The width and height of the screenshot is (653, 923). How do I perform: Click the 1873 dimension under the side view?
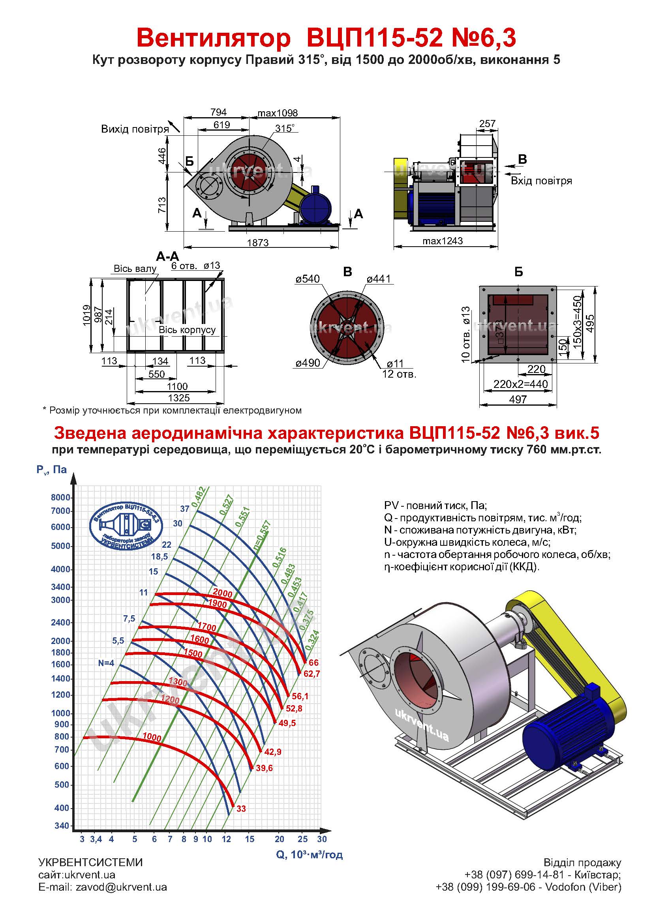(x=258, y=242)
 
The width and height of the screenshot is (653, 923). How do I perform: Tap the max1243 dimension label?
(x=443, y=241)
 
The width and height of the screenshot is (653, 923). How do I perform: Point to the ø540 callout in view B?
(x=308, y=279)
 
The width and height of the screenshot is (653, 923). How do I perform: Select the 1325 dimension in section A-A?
(x=179, y=398)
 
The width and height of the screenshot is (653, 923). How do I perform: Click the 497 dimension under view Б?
(x=518, y=399)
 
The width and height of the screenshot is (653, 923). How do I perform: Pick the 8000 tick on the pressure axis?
(x=61, y=497)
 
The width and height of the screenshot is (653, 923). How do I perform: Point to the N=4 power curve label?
(x=106, y=663)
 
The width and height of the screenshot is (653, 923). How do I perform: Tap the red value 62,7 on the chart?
(x=311, y=673)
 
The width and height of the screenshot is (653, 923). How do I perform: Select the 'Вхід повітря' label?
(x=541, y=180)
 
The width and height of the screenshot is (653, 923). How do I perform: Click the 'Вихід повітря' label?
(x=135, y=129)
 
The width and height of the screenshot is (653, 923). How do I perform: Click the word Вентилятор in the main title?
(x=214, y=39)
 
